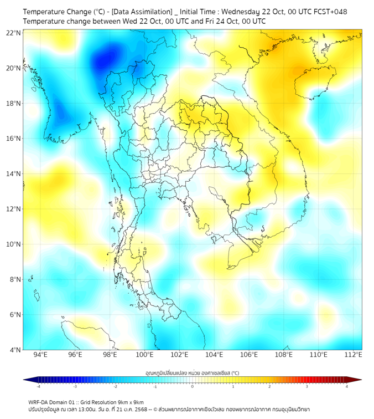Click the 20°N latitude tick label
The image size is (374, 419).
(x=14, y=68)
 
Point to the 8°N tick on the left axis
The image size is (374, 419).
(x=15, y=279)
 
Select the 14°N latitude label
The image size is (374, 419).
(x=14, y=174)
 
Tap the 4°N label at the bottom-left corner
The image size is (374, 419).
(x=15, y=350)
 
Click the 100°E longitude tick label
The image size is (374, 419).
(x=144, y=355)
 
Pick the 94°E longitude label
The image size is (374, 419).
(x=40, y=355)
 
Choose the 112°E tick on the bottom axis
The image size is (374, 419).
(x=353, y=355)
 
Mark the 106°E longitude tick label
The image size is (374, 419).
(x=249, y=355)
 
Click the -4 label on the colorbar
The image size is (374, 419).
(x=38, y=387)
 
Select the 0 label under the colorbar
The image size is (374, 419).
(x=193, y=387)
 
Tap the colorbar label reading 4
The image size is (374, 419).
(x=347, y=387)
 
